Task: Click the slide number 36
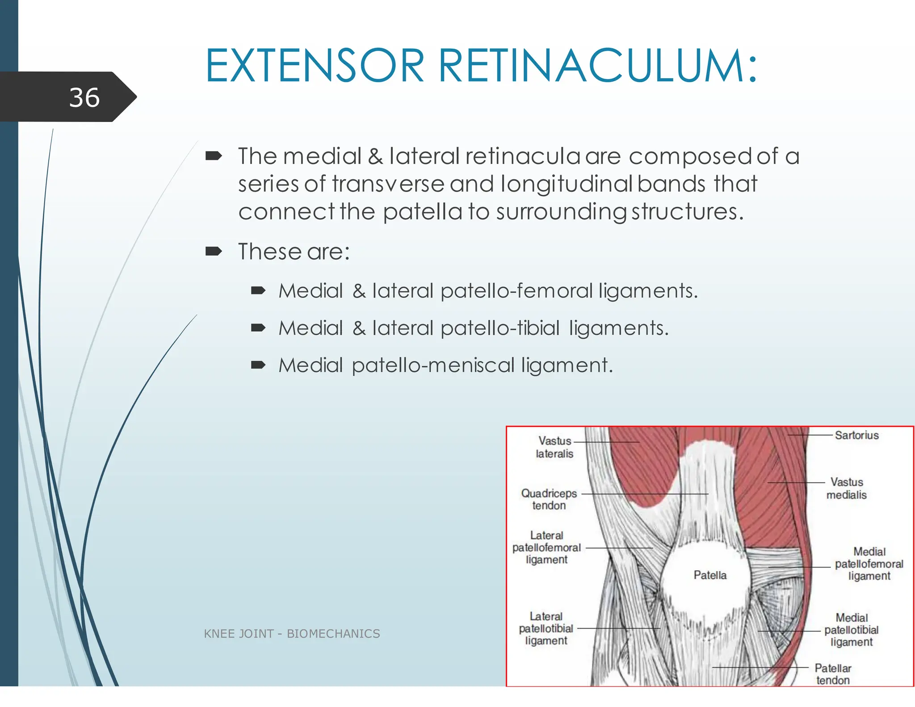(x=84, y=97)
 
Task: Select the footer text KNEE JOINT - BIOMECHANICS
(x=292, y=634)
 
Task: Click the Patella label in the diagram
(x=710, y=575)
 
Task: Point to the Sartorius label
(x=856, y=435)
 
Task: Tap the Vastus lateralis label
(x=554, y=447)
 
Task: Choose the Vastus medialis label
(x=847, y=488)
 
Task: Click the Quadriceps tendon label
(x=549, y=499)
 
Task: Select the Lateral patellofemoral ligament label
(x=546, y=547)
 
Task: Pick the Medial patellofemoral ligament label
(x=869, y=564)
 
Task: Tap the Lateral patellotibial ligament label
(x=546, y=628)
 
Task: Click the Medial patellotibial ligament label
(x=852, y=630)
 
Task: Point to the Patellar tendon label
(x=833, y=674)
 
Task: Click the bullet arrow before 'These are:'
(x=214, y=251)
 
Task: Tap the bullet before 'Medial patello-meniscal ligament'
(x=258, y=365)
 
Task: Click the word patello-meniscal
(x=433, y=365)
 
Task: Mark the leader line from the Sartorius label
(x=810, y=435)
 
